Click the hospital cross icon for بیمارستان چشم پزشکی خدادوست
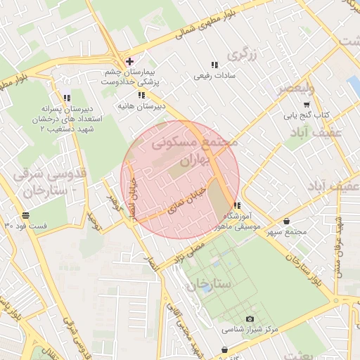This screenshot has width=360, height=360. coord(129,61)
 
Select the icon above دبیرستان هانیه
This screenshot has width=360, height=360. coord(141,95)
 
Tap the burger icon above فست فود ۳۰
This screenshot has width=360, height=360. coord(26,215)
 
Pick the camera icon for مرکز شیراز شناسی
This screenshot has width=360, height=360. coord(250,319)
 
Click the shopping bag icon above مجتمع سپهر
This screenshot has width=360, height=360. coord(288,222)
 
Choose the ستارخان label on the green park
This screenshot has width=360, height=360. coord(209,285)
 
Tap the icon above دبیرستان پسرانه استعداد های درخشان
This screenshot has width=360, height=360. coord(67,98)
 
